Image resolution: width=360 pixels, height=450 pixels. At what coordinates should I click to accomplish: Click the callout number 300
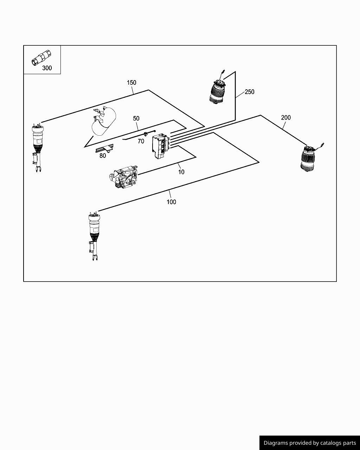pyautogui.click(x=47, y=68)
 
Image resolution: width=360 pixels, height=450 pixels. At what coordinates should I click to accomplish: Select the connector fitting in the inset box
pyautogui.click(x=41, y=57)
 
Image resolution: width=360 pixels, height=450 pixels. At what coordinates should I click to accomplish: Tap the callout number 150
pyautogui.click(x=131, y=83)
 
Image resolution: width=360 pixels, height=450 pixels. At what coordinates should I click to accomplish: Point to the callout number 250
pyautogui.click(x=249, y=92)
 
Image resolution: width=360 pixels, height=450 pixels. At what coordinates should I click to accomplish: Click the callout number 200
pyautogui.click(x=286, y=117)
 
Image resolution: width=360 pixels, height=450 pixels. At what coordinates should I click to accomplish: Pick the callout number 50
pyautogui.click(x=136, y=118)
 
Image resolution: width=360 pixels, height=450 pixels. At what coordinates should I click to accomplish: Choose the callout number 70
pyautogui.click(x=141, y=141)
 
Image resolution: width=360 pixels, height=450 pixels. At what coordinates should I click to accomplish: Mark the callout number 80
pyautogui.click(x=103, y=156)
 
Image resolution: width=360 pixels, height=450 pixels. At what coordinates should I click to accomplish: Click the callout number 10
pyautogui.click(x=181, y=172)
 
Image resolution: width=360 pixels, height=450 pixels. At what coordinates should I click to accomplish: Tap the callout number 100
pyautogui.click(x=171, y=202)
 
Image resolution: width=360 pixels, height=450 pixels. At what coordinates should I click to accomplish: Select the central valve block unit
pyautogui.click(x=161, y=146)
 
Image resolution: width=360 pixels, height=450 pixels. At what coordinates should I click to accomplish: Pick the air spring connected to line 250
pyautogui.click(x=217, y=90)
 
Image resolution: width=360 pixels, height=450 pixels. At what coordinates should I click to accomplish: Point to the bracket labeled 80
pyautogui.click(x=105, y=149)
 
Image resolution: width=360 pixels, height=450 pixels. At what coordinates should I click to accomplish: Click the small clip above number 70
pyautogui.click(x=146, y=134)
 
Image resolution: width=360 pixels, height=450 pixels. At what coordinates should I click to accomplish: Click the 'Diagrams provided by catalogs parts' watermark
pyautogui.click(x=310, y=443)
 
